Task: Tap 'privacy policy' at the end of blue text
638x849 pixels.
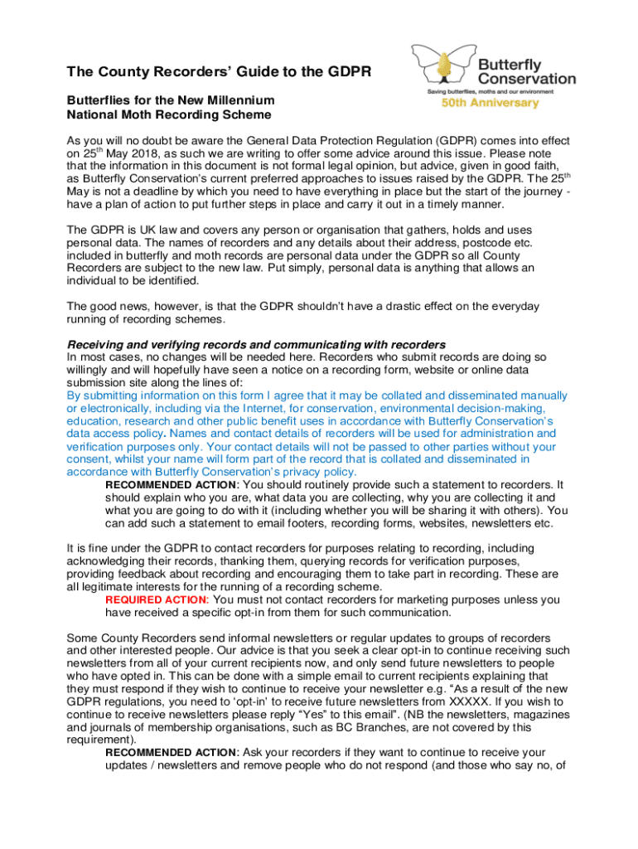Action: click(316, 471)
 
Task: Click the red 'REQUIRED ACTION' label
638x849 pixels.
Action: click(157, 599)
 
